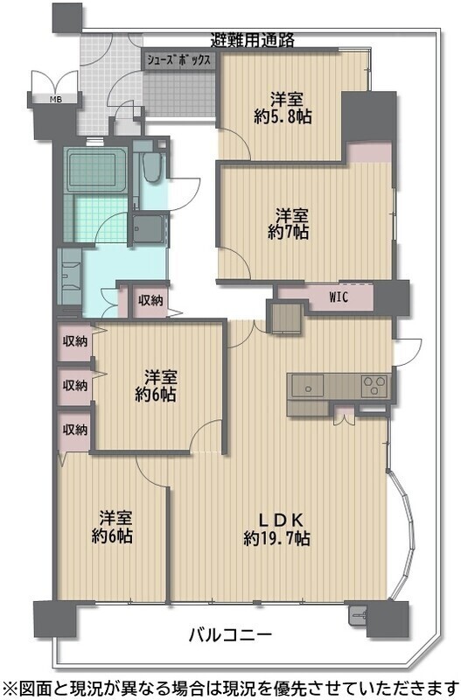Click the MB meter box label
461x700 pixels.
tap(55, 99)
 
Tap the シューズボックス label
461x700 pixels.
tap(178, 60)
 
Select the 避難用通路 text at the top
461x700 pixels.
tap(253, 40)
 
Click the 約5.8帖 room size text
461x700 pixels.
tap(283, 116)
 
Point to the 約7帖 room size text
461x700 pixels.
tap(289, 232)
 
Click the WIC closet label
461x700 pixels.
tap(339, 297)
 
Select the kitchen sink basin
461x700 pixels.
tap(308, 385)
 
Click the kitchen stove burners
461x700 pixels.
tap(374, 386)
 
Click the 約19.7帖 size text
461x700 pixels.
tap(276, 538)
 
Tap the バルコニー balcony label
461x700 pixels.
tap(230, 633)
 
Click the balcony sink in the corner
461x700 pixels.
tap(357, 615)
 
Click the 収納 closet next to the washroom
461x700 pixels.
tap(150, 300)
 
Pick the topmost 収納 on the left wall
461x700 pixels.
tap(75, 342)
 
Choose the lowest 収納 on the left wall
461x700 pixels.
tap(75, 430)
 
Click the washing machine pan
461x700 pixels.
tap(150, 228)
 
